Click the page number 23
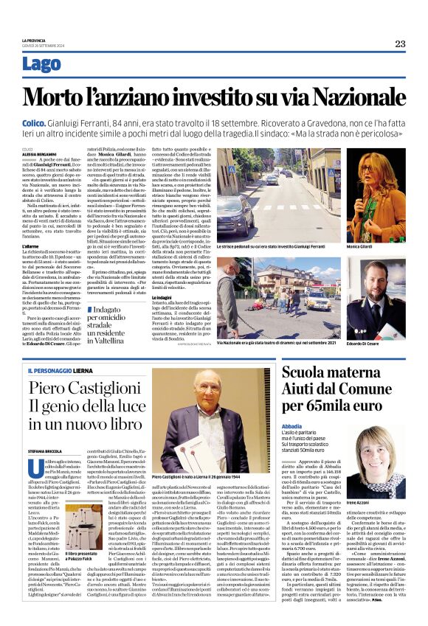coord(400,44)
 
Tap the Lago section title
coord(42,64)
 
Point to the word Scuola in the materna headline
coord(308,374)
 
